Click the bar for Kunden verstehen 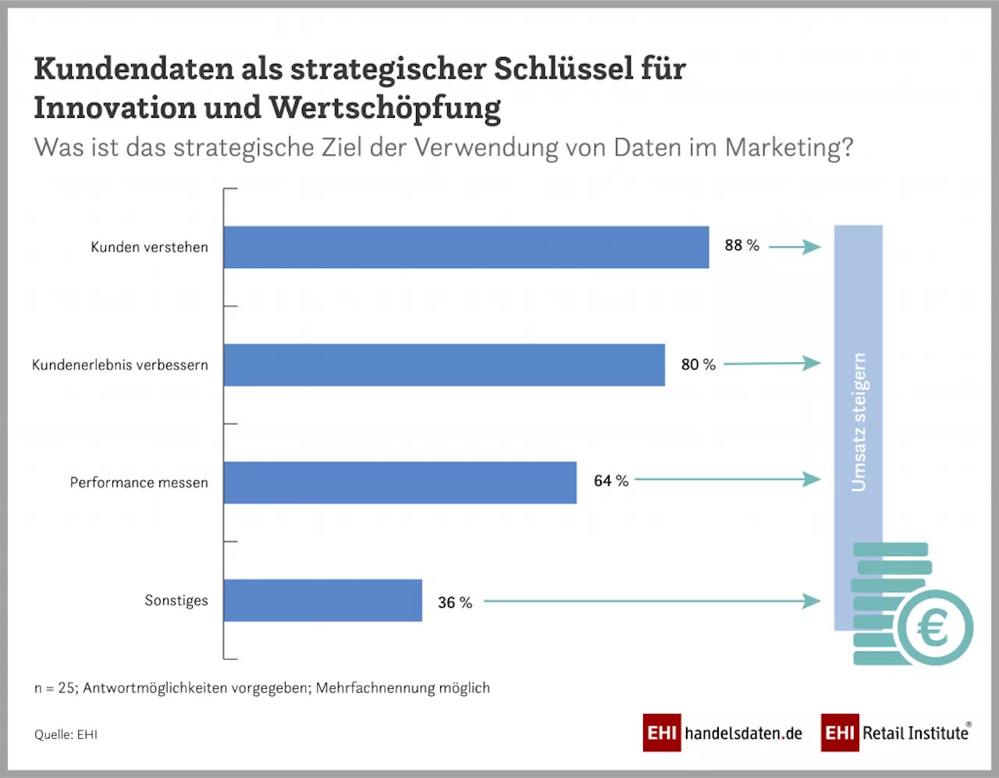(x=466, y=247)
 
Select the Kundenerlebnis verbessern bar (x=444, y=365)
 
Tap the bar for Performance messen (x=400, y=482)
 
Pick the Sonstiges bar (x=322, y=600)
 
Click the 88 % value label (x=741, y=245)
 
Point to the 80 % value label (x=698, y=364)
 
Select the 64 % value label (x=610, y=480)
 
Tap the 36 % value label (x=455, y=602)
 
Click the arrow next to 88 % (x=795, y=247)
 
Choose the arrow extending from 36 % (x=652, y=601)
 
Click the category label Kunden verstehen (x=149, y=247)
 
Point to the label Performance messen (x=139, y=482)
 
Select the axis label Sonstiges (x=176, y=600)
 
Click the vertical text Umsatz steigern (x=859, y=422)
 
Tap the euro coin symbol (x=934, y=627)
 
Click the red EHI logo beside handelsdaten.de (x=661, y=733)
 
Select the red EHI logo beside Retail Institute (x=839, y=733)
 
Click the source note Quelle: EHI (x=66, y=734)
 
